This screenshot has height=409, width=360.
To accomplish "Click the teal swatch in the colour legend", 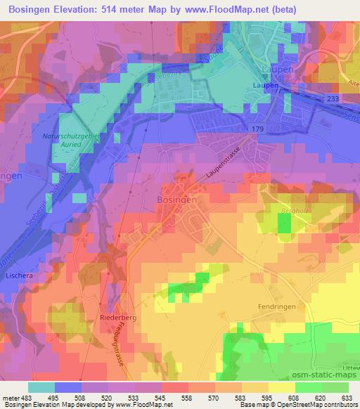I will click(x=41, y=387).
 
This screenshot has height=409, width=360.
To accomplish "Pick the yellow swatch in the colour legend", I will click(x=281, y=387).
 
